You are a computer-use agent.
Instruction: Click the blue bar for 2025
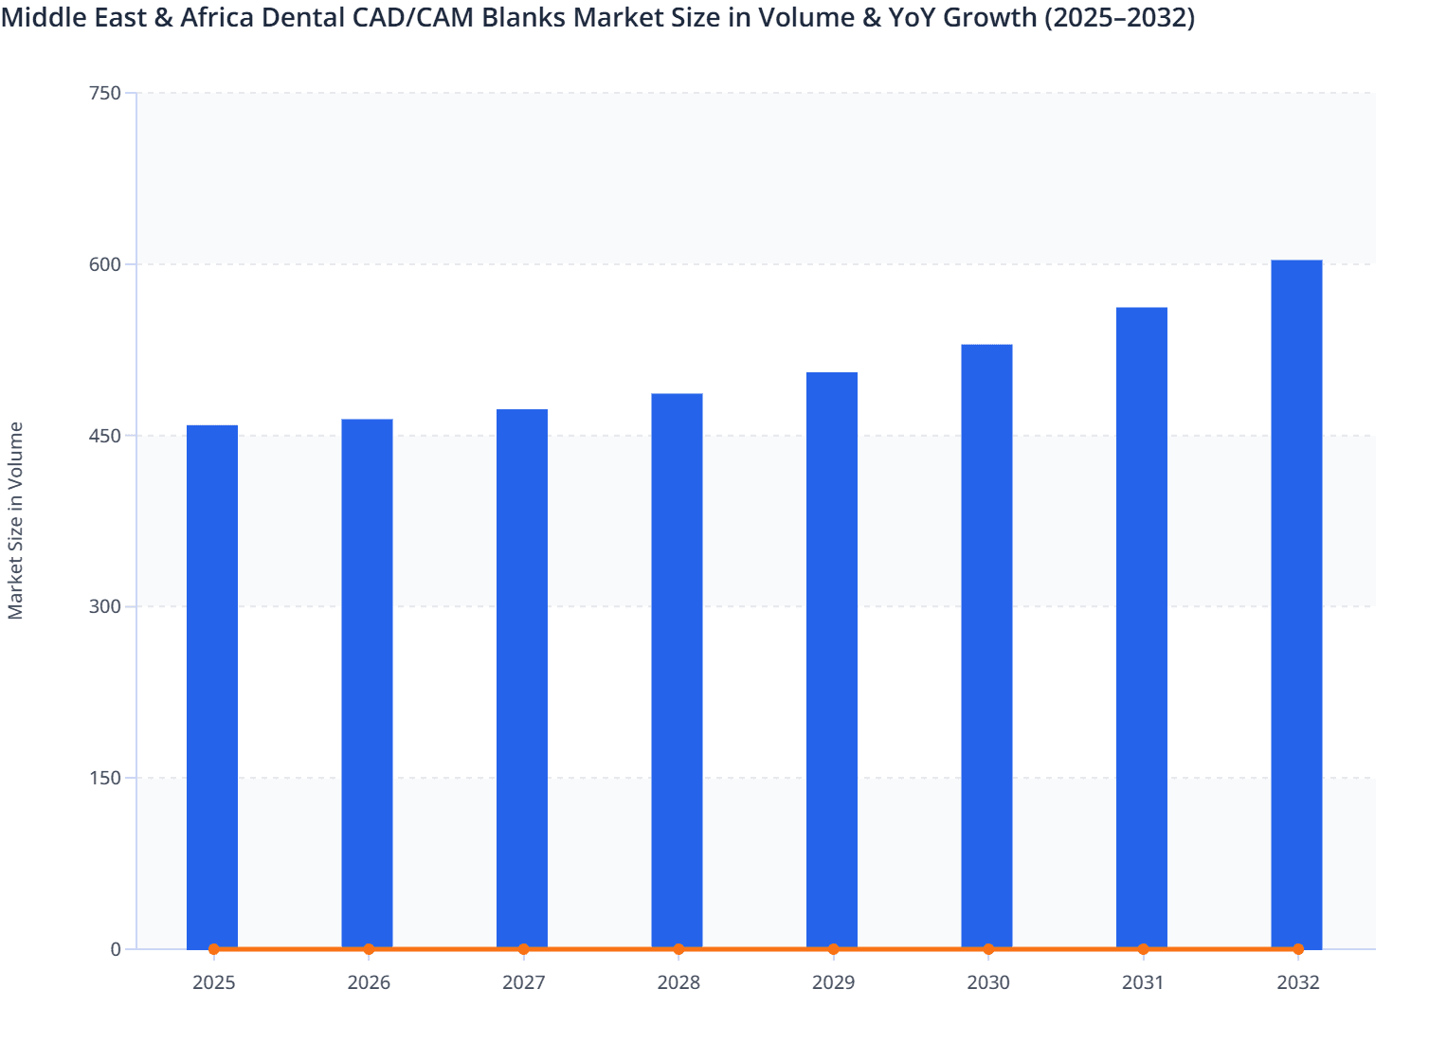pos(212,687)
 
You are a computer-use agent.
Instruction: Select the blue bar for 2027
pos(522,678)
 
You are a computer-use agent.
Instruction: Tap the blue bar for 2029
pos(832,660)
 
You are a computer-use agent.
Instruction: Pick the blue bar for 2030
pos(986,646)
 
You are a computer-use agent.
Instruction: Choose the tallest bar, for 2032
pos(1296,604)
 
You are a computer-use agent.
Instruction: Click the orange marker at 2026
pos(369,949)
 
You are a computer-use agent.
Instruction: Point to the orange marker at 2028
pos(678,949)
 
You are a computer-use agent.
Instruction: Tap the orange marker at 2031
pos(1143,949)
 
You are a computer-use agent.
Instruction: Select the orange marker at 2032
pos(1298,949)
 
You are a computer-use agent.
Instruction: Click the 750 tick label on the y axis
pos(104,93)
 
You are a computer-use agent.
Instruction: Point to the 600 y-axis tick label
pos(104,264)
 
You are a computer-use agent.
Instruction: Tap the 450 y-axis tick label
pos(104,436)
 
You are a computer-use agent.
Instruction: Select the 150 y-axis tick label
pos(104,778)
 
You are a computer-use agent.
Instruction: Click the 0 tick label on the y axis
pos(116,949)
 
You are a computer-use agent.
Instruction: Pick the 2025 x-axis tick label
pos(213,982)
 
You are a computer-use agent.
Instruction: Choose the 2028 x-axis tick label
pos(678,982)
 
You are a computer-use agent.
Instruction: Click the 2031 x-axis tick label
pos(1143,982)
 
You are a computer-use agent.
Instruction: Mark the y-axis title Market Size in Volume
pos(15,521)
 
